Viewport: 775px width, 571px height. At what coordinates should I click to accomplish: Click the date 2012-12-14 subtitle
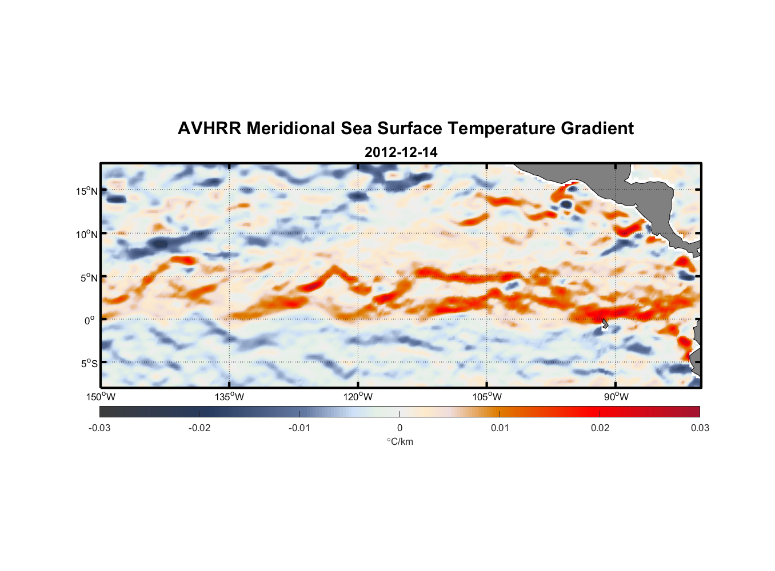coord(401,152)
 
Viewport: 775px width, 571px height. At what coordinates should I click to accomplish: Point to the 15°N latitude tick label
coord(87,191)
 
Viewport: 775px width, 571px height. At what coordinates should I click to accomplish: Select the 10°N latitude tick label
coord(87,234)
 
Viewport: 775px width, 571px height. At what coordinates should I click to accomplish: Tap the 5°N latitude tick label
coord(89,278)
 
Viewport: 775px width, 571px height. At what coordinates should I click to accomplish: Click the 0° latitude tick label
coord(90,320)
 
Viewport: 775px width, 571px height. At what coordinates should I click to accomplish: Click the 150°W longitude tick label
coord(101,397)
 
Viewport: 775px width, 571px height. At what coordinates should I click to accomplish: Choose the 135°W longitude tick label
coord(229,397)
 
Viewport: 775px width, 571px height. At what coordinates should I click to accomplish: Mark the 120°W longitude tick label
coord(358,397)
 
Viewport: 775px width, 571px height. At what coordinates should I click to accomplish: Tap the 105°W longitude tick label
coord(487,397)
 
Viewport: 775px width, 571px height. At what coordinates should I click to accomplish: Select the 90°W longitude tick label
coord(616,397)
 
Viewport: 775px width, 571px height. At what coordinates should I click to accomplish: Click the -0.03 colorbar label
coord(99,428)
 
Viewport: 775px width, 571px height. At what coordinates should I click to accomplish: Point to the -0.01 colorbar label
coord(299,428)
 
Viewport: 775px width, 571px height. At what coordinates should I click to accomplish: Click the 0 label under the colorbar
coord(400,428)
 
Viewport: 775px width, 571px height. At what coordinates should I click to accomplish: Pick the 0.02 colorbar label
coord(600,428)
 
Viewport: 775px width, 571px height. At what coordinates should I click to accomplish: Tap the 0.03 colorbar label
coord(700,428)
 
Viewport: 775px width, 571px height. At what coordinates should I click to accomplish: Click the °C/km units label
coord(400,441)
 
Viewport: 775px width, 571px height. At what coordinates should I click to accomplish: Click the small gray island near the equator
coord(605,324)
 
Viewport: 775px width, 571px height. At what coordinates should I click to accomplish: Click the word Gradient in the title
coord(597,128)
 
